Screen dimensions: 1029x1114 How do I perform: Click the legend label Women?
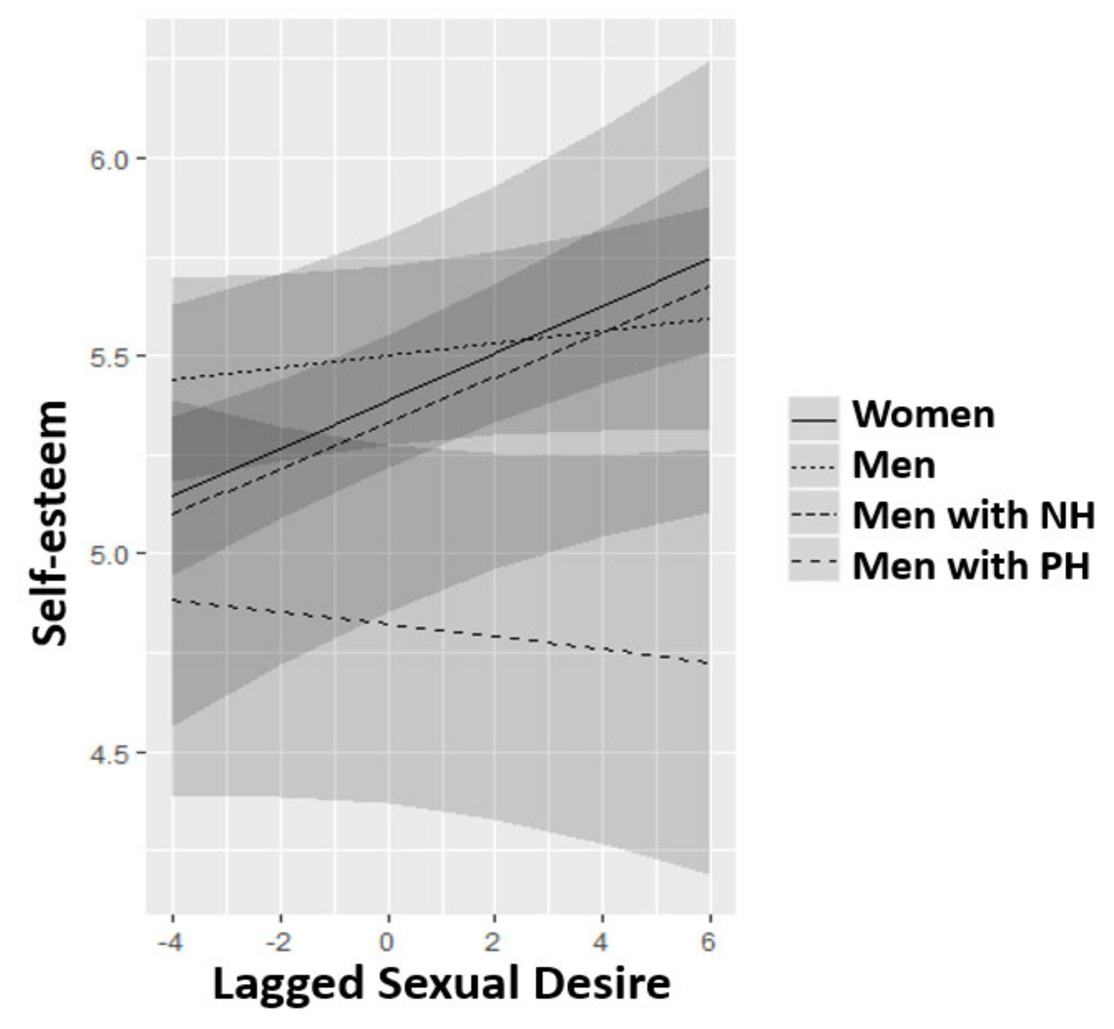click(924, 414)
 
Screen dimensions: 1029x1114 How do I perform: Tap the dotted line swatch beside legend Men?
click(813, 468)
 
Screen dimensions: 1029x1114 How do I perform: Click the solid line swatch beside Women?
click(813, 420)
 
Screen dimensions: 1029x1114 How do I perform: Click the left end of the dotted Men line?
click(173, 380)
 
